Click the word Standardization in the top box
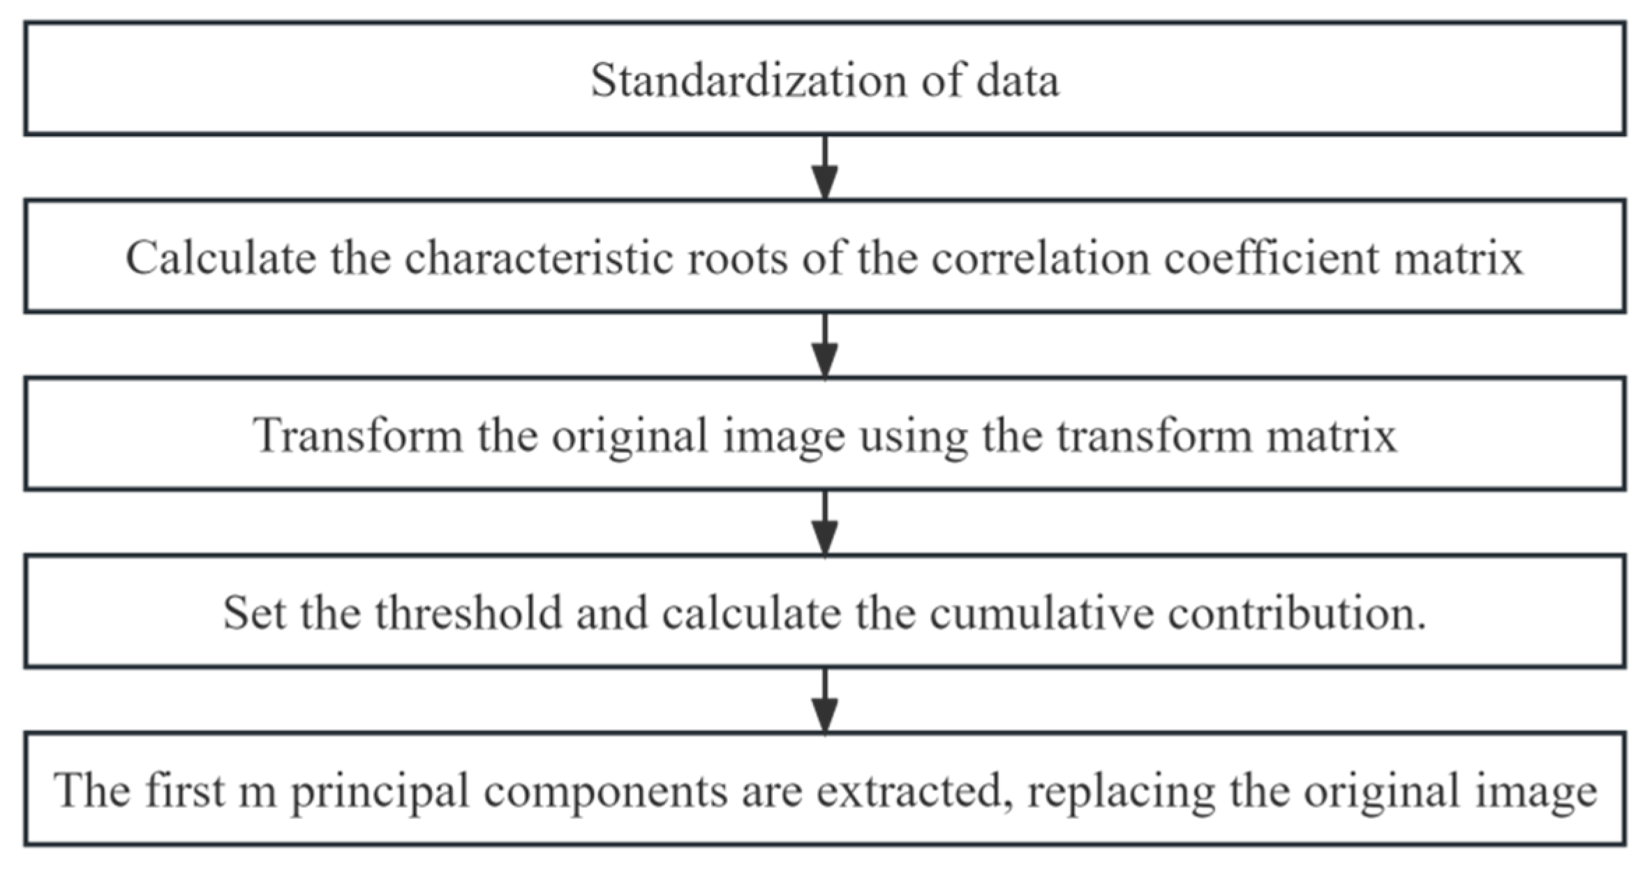coord(747,80)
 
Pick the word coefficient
coord(1271,258)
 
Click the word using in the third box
coord(914,436)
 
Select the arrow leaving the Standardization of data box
coord(826,168)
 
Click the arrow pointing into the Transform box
coord(826,346)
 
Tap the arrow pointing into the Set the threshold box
coord(826,523)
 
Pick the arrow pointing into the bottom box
coord(826,701)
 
